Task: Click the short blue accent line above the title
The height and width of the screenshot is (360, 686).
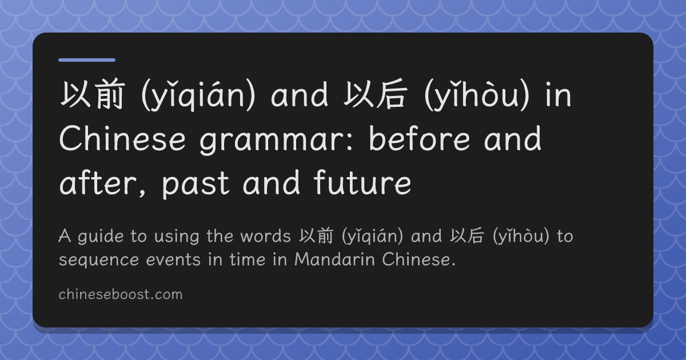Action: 87,60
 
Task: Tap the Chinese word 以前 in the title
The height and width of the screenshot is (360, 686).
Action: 93,94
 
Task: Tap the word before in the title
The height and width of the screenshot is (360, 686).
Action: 419,138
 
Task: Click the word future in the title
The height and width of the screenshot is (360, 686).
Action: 362,183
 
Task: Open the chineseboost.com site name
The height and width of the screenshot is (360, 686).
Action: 121,294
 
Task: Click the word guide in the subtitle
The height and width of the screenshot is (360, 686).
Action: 101,237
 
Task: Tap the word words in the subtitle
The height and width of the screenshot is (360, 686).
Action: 265,236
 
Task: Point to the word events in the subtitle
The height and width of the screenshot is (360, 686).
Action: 173,260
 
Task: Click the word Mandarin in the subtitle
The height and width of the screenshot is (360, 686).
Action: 334,259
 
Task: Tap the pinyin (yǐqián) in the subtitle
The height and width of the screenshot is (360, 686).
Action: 372,237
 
